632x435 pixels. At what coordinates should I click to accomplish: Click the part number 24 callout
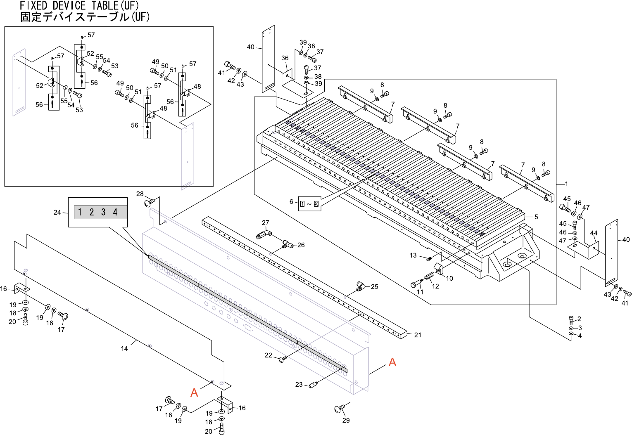(57, 212)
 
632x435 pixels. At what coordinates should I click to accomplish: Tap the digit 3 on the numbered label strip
(104, 212)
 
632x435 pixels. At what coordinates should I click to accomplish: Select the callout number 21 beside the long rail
(418, 335)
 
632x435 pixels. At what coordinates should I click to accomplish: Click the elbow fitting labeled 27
(263, 234)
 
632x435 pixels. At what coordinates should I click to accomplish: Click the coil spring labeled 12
(430, 277)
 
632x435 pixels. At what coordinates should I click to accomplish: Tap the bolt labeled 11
(417, 284)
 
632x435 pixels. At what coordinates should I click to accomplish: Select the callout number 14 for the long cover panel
(124, 349)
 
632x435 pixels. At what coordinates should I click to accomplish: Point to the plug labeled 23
(313, 384)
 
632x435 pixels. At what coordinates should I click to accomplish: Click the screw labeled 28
(149, 202)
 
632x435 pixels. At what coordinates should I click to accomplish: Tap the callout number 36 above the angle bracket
(285, 58)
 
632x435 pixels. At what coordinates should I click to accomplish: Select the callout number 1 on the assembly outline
(566, 184)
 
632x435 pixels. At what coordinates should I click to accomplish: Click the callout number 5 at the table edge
(536, 217)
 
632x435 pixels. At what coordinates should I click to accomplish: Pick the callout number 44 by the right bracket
(594, 233)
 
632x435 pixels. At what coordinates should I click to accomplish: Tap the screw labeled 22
(283, 359)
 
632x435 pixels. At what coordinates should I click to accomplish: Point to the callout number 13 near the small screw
(413, 255)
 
